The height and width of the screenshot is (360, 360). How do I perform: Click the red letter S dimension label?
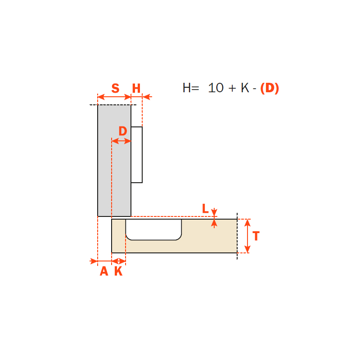click(x=116, y=88)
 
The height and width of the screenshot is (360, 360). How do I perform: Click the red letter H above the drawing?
click(x=136, y=88)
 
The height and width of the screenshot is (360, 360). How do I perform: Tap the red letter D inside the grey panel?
click(x=123, y=131)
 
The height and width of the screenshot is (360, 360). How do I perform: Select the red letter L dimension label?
click(x=205, y=209)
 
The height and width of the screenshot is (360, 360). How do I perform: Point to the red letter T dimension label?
click(x=256, y=236)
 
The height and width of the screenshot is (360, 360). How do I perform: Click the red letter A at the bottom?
click(x=104, y=271)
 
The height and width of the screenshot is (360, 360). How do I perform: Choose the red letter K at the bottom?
click(x=118, y=271)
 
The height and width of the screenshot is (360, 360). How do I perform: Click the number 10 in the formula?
click(x=216, y=88)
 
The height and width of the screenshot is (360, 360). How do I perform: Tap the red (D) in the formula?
click(x=270, y=88)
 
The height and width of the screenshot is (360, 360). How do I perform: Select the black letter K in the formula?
click(x=245, y=88)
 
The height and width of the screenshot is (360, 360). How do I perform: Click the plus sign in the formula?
click(x=232, y=88)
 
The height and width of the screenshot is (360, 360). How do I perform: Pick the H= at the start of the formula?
click(x=191, y=88)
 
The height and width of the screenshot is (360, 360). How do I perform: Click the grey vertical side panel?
click(x=114, y=161)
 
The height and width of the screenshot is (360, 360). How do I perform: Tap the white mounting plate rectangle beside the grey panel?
click(x=137, y=155)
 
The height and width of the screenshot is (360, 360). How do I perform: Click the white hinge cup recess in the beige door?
click(x=153, y=229)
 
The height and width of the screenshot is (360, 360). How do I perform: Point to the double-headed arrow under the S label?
click(x=114, y=97)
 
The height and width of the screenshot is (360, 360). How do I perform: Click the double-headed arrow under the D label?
click(x=121, y=141)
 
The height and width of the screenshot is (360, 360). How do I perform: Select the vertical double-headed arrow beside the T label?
click(x=247, y=236)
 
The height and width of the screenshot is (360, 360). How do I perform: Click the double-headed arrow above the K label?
click(x=119, y=261)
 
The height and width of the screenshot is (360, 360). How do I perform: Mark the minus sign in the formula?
click(x=254, y=89)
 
